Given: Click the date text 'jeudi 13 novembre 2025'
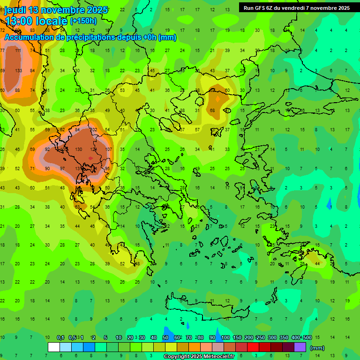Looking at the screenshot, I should [56, 10].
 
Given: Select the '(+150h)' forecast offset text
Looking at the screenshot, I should [83, 21].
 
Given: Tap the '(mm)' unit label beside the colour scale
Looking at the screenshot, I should [317, 348].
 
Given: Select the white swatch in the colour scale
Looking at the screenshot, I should [53, 347].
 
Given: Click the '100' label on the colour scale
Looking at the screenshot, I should [225, 337].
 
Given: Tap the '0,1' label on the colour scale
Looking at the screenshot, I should [60, 337].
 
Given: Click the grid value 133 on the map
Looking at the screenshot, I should [18, 71].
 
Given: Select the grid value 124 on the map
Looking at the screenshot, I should [93, 149].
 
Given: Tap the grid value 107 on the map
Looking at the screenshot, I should [108, 149].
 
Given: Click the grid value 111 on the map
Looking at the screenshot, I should [18, 51].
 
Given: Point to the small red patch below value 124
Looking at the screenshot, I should [90, 158].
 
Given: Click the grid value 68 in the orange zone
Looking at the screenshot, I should [212, 111].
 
